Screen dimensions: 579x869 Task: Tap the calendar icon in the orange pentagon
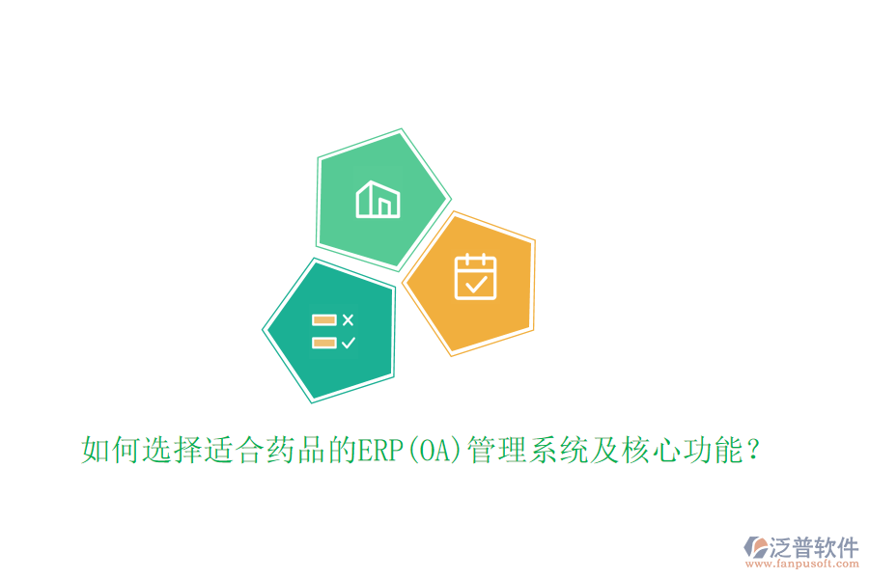point(475,277)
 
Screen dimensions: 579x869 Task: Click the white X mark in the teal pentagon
point(348,319)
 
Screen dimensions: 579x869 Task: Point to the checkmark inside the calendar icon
point(475,284)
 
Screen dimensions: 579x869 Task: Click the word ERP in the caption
point(378,450)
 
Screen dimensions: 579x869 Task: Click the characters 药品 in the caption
point(294,450)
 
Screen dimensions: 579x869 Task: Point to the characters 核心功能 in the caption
point(681,450)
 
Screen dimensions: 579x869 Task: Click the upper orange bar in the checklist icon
point(323,319)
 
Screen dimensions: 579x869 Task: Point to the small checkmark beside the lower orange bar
point(348,342)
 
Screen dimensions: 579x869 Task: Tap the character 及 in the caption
point(603,450)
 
